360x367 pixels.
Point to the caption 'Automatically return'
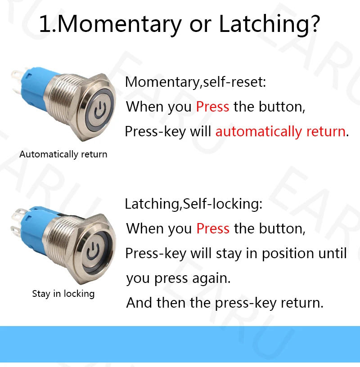[x=63, y=154]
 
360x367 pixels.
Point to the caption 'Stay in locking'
[x=63, y=294]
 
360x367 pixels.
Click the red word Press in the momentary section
[x=212, y=107]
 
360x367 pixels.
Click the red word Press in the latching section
[x=213, y=228]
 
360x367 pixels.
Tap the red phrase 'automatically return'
[x=280, y=132]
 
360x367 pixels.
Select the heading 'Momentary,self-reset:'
[x=195, y=82]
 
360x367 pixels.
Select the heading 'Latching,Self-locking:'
[x=193, y=204]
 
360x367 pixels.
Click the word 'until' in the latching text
[x=333, y=253]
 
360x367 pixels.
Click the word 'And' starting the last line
[x=139, y=302]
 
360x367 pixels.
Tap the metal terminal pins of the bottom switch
[x=16, y=225]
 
